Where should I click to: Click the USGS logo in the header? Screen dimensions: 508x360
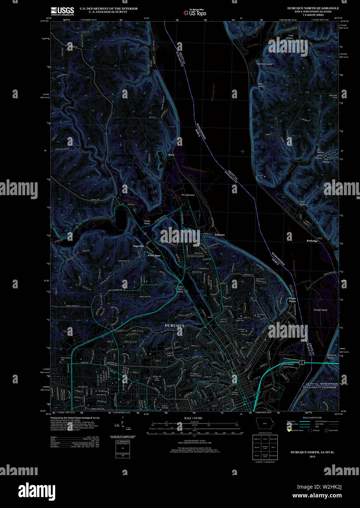click(x=62, y=11)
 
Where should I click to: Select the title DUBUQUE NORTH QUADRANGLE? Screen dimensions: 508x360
click(x=313, y=8)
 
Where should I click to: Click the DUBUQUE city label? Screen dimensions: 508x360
click(x=175, y=325)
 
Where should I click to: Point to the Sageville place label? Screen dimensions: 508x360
click(x=138, y=246)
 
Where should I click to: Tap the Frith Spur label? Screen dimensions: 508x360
click(x=154, y=255)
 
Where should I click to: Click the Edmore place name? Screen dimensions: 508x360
click(x=220, y=235)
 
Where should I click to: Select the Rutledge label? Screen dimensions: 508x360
click(x=312, y=241)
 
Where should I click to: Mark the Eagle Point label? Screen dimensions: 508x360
click(x=292, y=300)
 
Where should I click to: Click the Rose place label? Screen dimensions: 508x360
click(x=171, y=155)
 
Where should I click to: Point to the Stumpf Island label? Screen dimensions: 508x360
click(x=321, y=310)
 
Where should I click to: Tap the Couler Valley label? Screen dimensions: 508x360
click(x=147, y=222)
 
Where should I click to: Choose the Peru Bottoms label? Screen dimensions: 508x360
click(x=188, y=195)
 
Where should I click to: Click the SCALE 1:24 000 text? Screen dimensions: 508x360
click(x=193, y=418)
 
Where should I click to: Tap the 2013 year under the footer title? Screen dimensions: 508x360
click(x=312, y=456)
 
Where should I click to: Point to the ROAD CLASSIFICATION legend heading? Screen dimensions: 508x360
click(x=312, y=417)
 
